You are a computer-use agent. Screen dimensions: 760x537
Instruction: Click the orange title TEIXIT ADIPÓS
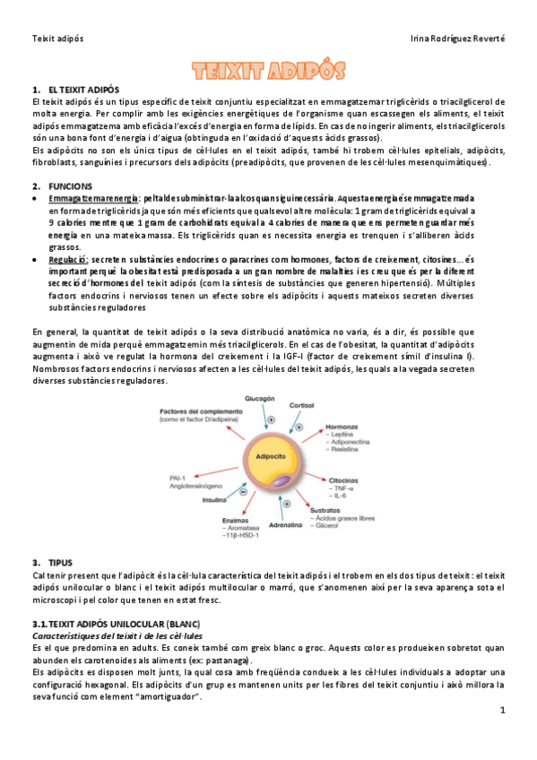pyautogui.click(x=268, y=72)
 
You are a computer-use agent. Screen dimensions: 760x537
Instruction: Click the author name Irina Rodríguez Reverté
pyautogui.click(x=456, y=39)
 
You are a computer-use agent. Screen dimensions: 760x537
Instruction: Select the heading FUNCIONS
pyautogui.click(x=72, y=184)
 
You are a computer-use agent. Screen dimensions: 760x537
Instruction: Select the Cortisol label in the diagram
pyautogui.click(x=301, y=406)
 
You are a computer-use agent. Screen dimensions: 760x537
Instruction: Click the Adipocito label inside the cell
pyautogui.click(x=271, y=456)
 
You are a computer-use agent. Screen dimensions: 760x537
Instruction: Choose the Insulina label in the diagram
pyautogui.click(x=214, y=500)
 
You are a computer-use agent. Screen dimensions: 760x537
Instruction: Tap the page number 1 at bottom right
pyautogui.click(x=503, y=710)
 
